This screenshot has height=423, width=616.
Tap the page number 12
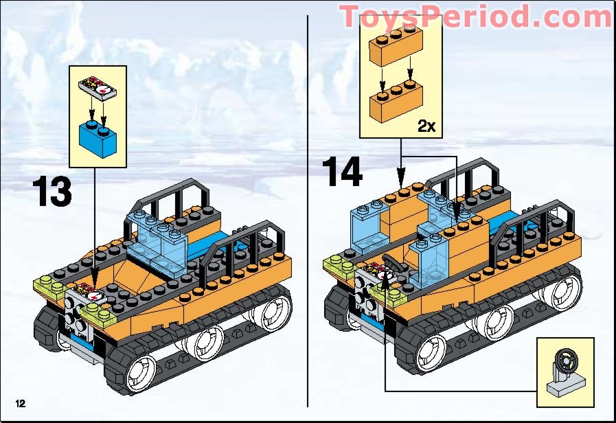(16, 400)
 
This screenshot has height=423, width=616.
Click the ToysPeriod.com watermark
(475, 16)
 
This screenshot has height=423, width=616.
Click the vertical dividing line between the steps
(308, 206)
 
